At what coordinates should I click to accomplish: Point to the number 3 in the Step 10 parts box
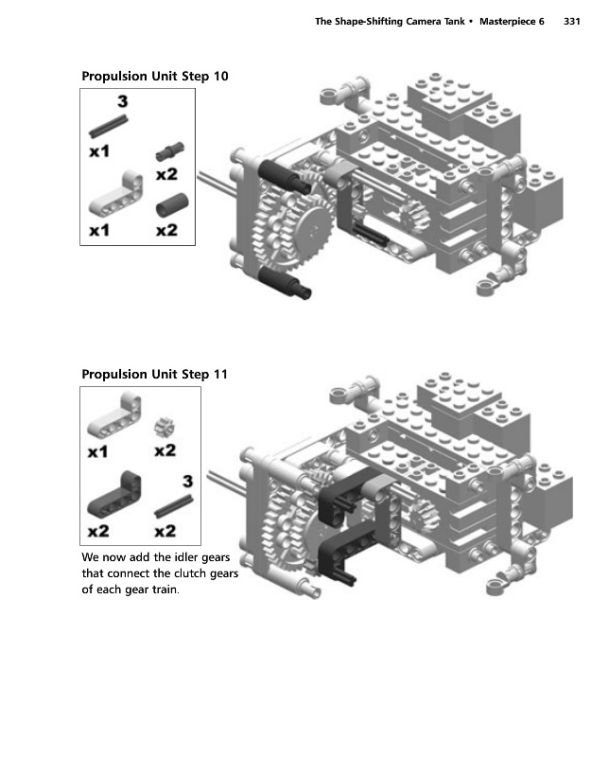coord(123,101)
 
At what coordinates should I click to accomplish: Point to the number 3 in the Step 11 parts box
coord(187,480)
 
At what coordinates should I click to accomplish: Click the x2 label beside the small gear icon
coord(165,450)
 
